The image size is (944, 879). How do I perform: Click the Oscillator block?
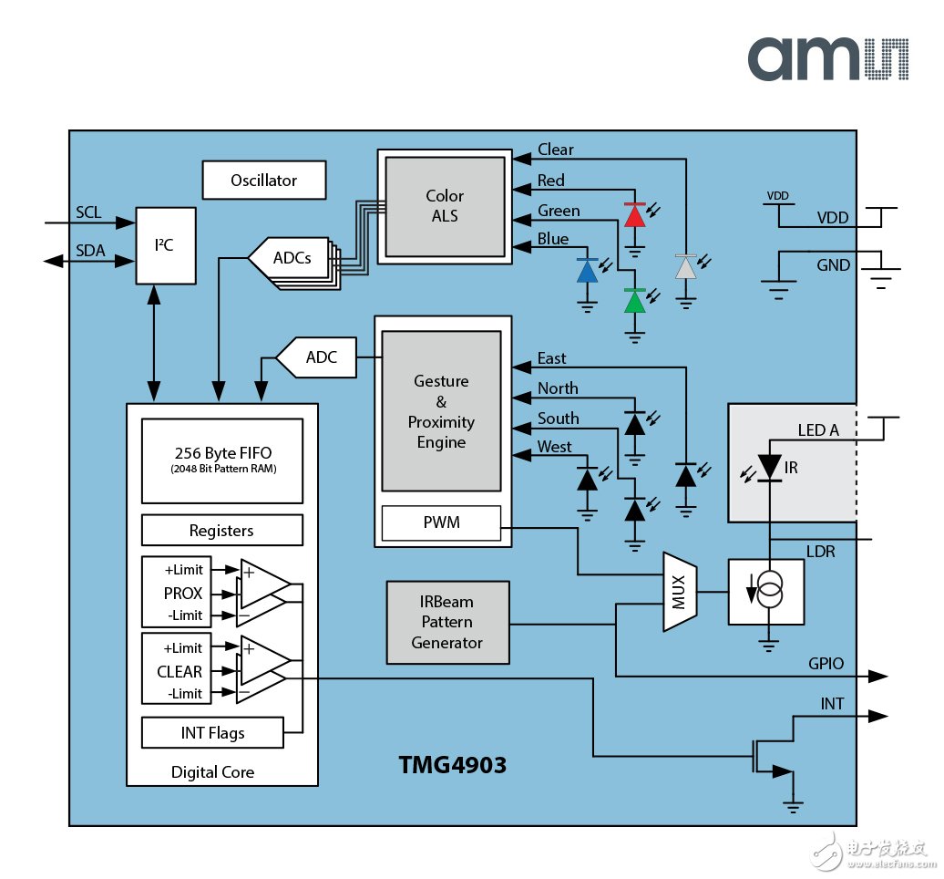tap(263, 181)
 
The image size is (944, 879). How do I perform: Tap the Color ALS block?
tap(445, 206)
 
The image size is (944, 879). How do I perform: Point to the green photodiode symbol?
tap(635, 301)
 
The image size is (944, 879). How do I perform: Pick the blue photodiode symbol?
tap(588, 271)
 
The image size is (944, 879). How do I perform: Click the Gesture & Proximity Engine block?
tap(441, 411)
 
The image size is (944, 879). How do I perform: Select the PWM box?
tap(441, 523)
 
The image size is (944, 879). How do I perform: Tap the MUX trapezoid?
tap(678, 591)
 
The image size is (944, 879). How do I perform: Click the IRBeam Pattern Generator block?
tap(446, 623)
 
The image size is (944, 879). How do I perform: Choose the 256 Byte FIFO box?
tap(222, 460)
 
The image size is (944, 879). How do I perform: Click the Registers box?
tap(222, 531)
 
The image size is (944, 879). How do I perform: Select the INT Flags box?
tap(212, 732)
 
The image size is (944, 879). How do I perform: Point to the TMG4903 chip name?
tap(452, 765)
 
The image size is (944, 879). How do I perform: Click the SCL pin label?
tap(89, 212)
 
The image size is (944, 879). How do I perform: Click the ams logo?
tap(827, 59)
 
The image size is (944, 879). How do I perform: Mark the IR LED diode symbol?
tap(771, 467)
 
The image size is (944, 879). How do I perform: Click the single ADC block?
tap(314, 357)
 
